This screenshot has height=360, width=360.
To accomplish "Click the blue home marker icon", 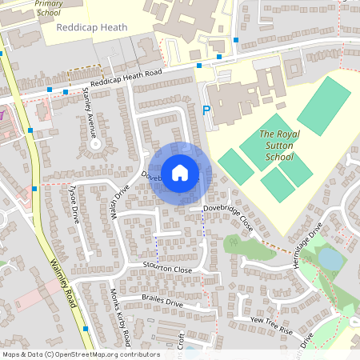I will [x=180, y=172].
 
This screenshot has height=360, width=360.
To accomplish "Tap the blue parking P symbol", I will [x=206, y=111].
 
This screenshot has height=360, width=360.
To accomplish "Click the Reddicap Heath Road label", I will [x=126, y=78].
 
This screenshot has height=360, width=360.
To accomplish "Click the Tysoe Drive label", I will [x=74, y=203].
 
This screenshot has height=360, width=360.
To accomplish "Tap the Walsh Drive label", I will [x=120, y=206].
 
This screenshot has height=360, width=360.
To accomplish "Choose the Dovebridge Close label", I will [x=228, y=216].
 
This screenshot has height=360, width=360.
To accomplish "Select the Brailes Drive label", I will [x=162, y=301].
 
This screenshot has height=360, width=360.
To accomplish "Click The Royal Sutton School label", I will [x=279, y=145].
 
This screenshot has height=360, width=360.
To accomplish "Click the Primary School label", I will [x=48, y=8].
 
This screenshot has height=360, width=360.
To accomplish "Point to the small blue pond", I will [x=330, y=258].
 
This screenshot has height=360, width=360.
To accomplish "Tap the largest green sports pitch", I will [x=323, y=105].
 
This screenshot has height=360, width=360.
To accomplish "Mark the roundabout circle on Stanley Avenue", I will [x=96, y=145].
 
